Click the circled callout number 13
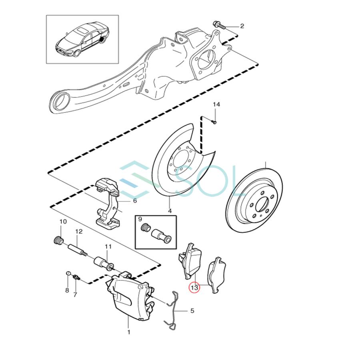tap(194, 287)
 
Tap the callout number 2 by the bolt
tap(242, 26)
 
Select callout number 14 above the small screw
tap(216, 105)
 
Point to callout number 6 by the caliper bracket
tap(135, 201)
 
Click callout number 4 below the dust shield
tap(170, 211)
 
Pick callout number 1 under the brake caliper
tap(129, 332)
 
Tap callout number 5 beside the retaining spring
tap(192, 310)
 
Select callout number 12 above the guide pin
tap(78, 232)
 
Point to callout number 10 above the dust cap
tap(63, 222)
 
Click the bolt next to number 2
tap(220, 26)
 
